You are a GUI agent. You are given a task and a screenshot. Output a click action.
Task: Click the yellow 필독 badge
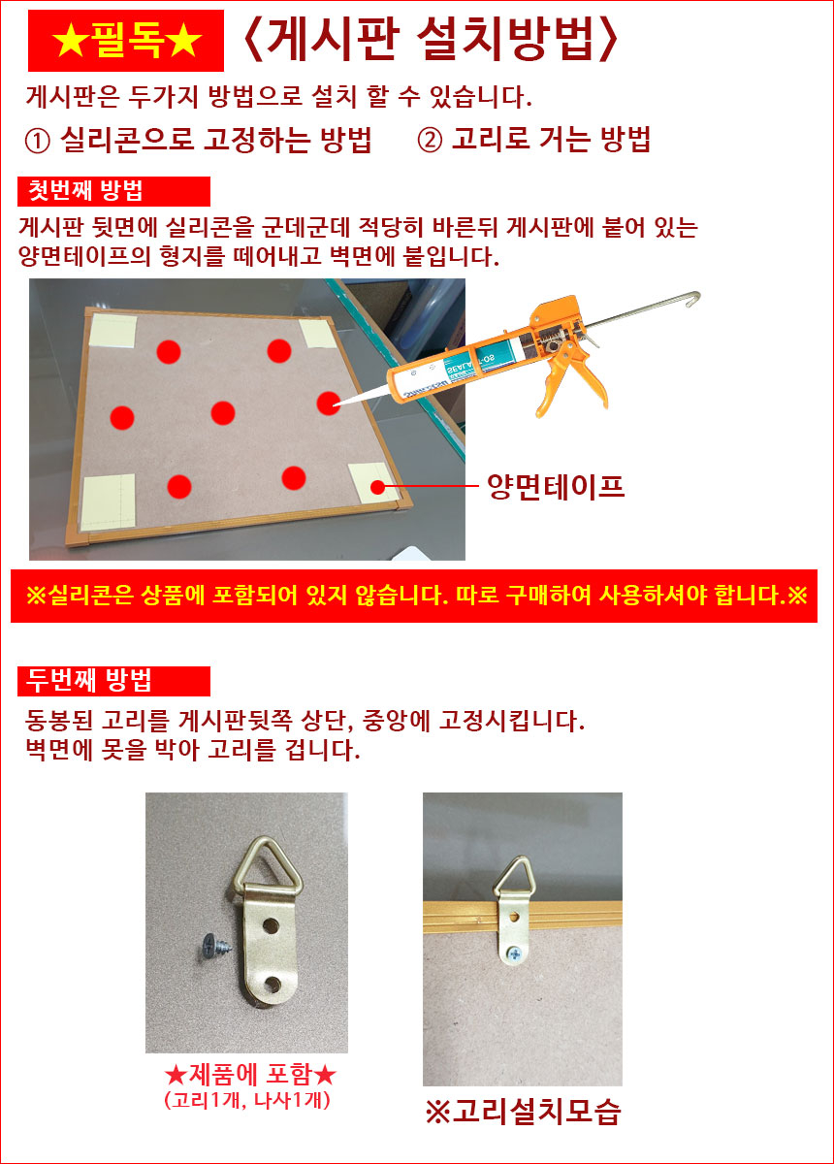point(126,41)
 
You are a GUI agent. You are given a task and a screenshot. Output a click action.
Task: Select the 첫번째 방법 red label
point(113,191)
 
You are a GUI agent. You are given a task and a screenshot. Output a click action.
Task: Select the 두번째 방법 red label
point(113,681)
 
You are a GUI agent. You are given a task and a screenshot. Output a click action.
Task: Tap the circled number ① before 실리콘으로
point(38,142)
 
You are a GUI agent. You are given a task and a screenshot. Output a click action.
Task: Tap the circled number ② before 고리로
point(431,141)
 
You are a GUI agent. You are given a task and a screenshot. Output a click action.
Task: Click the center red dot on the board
point(223,413)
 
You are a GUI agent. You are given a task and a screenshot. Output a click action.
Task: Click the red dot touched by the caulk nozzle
point(329,404)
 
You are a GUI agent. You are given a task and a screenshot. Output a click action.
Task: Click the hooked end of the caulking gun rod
point(693,300)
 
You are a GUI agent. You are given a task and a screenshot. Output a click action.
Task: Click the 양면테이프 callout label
point(556,487)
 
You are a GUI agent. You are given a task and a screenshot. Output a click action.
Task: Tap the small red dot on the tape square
point(378,487)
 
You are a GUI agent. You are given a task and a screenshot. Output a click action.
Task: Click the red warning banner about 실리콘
point(414,596)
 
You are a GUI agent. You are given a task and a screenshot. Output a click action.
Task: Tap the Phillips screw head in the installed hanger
point(514,954)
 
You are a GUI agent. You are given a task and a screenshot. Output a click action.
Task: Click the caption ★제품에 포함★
point(250,1075)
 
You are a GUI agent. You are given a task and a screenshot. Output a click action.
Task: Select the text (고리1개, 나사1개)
point(247,1100)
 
